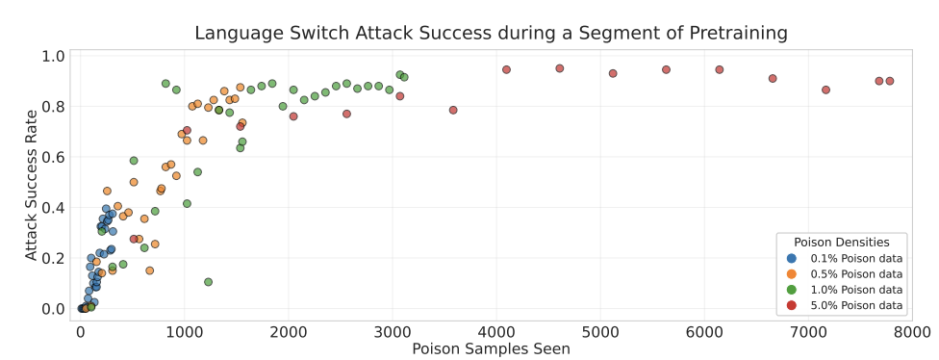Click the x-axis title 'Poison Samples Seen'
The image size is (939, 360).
click(491, 348)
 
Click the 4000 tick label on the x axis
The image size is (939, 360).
click(496, 332)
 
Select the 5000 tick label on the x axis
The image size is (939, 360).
click(600, 332)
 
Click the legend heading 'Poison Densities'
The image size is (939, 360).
click(842, 242)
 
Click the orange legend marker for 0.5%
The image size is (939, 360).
click(792, 273)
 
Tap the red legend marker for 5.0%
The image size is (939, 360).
click(792, 305)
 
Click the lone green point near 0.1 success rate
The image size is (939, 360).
click(208, 282)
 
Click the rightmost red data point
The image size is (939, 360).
click(889, 81)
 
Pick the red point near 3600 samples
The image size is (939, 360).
click(453, 110)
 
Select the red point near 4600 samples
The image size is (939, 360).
click(559, 68)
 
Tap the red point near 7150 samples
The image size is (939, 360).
click(825, 90)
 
